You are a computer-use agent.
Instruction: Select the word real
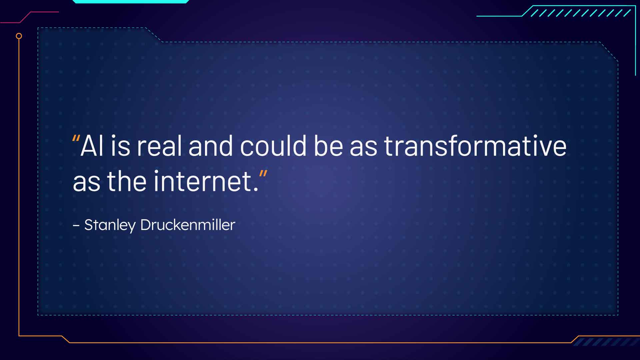159,146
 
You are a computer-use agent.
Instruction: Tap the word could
273,146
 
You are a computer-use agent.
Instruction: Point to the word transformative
475,146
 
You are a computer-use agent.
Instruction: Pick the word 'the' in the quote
127,181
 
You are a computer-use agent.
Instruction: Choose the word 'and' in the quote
211,146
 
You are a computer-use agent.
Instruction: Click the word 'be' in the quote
328,146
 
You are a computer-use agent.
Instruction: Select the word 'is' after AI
120,146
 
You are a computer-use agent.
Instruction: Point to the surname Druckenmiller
188,225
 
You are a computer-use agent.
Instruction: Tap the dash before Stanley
76,226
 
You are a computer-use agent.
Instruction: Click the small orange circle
19,36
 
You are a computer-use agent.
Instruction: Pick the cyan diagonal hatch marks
580,13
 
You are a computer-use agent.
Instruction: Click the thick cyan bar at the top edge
131,1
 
